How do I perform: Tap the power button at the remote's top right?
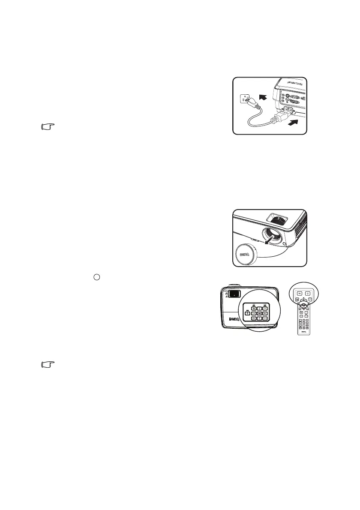click(x=307, y=295)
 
